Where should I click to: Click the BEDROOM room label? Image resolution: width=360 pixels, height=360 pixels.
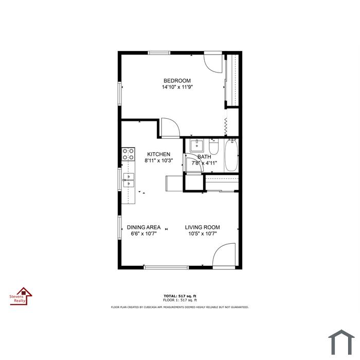pos(177,81)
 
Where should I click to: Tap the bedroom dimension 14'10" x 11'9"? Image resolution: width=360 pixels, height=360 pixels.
pos(177,87)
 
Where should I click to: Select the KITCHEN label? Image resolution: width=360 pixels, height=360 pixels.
pos(158,154)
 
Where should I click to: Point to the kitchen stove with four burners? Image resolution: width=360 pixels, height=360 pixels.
pos(128,154)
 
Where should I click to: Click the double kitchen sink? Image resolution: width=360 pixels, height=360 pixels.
pos(129,180)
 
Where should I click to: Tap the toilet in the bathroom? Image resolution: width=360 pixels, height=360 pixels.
pos(213,147)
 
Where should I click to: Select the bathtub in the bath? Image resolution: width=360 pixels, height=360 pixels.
pos(231,155)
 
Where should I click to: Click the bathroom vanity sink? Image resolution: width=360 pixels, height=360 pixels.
pos(197,146)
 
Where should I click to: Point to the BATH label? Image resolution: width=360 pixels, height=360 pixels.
pos(204,157)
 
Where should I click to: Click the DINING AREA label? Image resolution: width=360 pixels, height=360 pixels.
pos(143,227)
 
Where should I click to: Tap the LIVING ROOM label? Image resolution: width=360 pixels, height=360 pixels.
pos(203,227)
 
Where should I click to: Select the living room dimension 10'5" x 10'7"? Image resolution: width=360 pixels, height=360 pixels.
pos(203,233)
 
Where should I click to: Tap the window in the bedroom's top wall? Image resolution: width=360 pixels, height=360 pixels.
pos(159,53)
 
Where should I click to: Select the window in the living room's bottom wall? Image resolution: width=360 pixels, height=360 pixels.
pos(166,267)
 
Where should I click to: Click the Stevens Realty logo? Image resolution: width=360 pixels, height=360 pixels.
pos(21,296)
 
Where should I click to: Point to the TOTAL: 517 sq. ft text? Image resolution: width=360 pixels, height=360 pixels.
pos(180,296)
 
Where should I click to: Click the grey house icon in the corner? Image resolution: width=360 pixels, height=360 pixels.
pos(341,342)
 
